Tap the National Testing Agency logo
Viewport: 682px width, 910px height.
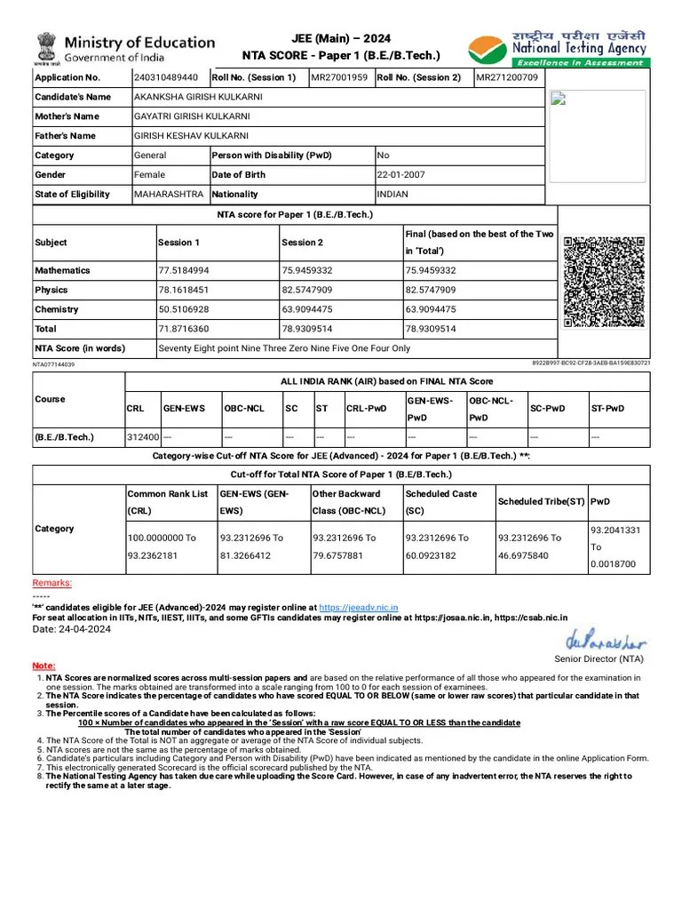click(559, 44)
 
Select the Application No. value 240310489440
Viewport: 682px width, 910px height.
click(166, 77)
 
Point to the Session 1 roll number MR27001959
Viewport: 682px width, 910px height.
click(339, 77)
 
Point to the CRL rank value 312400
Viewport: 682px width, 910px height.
click(143, 437)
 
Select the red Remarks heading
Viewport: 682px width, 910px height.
click(52, 583)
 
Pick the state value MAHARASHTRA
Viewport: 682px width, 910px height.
click(169, 195)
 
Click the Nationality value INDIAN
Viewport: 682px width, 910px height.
click(393, 195)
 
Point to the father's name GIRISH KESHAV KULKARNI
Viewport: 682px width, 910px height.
click(191, 136)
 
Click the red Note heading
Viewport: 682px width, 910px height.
click(44, 666)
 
